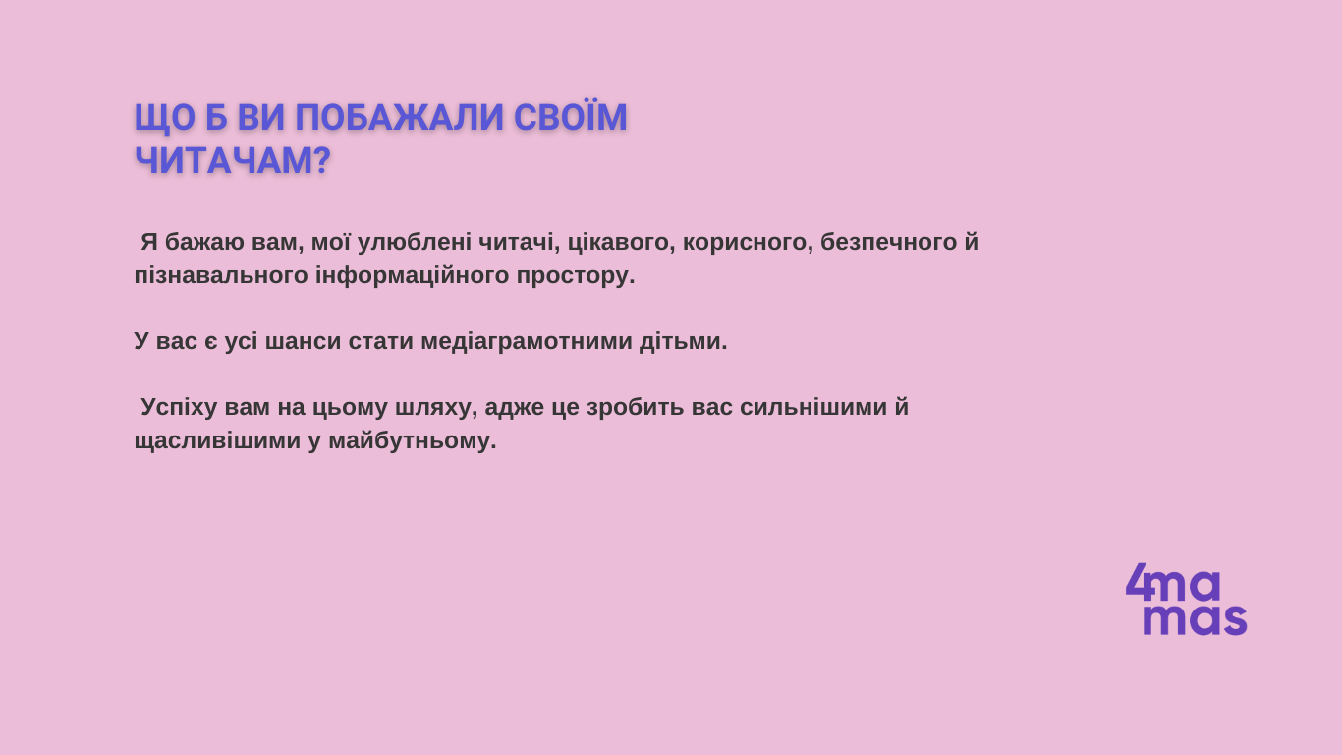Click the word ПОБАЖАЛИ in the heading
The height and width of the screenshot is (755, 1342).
pyautogui.click(x=399, y=117)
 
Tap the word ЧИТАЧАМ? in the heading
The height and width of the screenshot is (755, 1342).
pyautogui.click(x=233, y=160)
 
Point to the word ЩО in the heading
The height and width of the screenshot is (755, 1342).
pyautogui.click(x=165, y=118)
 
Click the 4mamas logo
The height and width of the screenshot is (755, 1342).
pyautogui.click(x=1186, y=599)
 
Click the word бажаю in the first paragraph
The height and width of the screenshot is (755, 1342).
pyautogui.click(x=204, y=242)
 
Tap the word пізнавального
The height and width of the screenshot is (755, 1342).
pyautogui.click(x=221, y=276)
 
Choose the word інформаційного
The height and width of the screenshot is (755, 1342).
pyautogui.click(x=413, y=277)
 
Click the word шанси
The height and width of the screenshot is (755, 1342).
pyautogui.click(x=304, y=342)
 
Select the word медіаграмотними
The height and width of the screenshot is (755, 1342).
pyautogui.click(x=527, y=342)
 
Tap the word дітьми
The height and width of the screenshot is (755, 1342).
pyautogui.click(x=683, y=342)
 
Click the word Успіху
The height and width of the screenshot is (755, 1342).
pyautogui.click(x=179, y=408)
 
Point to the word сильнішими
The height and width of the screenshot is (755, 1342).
pyautogui.click(x=813, y=407)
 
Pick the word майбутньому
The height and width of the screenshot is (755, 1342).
pyautogui.click(x=413, y=441)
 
